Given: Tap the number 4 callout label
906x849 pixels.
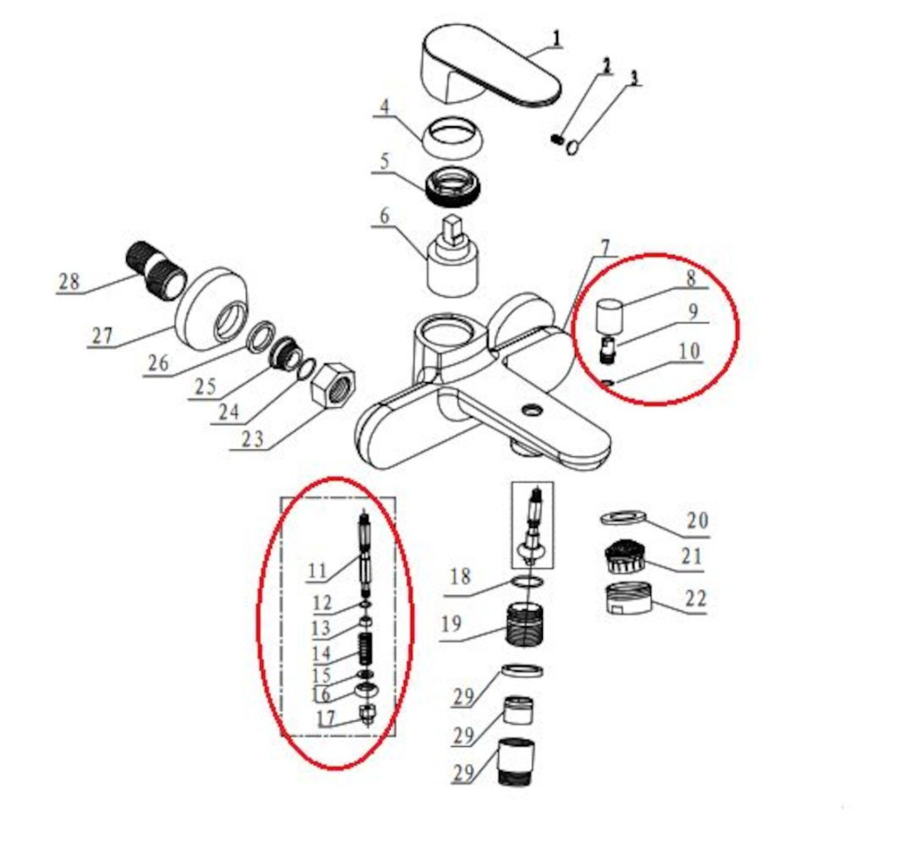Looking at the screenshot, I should (x=384, y=109).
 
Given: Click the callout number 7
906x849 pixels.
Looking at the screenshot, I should (x=605, y=247).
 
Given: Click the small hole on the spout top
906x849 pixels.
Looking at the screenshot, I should (x=531, y=410).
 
